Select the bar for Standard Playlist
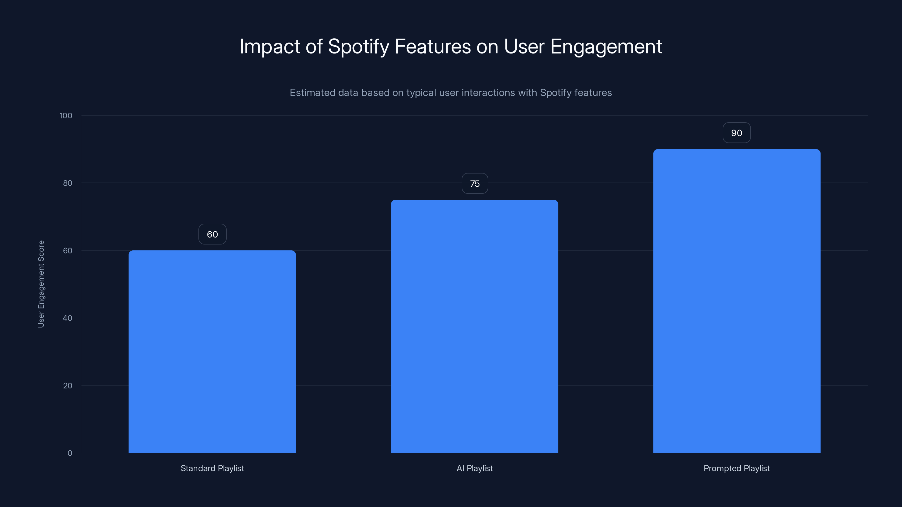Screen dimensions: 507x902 point(212,351)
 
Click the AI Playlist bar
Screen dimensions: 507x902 point(474,326)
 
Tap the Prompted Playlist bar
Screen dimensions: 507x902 point(737,301)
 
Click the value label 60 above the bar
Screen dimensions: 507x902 point(212,234)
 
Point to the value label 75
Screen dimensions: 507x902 point(474,183)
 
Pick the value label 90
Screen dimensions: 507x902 point(736,133)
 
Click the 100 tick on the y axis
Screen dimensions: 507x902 point(66,115)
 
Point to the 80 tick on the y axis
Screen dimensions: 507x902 point(68,183)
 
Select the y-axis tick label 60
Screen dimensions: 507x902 point(68,250)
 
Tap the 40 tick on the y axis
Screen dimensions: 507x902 point(68,318)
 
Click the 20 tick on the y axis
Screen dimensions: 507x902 point(68,386)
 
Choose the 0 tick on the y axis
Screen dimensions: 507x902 point(70,453)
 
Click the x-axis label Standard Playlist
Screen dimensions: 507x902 point(212,468)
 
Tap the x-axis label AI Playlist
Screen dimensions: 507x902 point(474,468)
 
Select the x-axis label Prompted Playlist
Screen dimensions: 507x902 point(737,468)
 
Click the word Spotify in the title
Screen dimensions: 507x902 point(358,47)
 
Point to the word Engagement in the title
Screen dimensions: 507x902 point(606,47)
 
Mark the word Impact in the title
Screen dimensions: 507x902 point(270,47)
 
